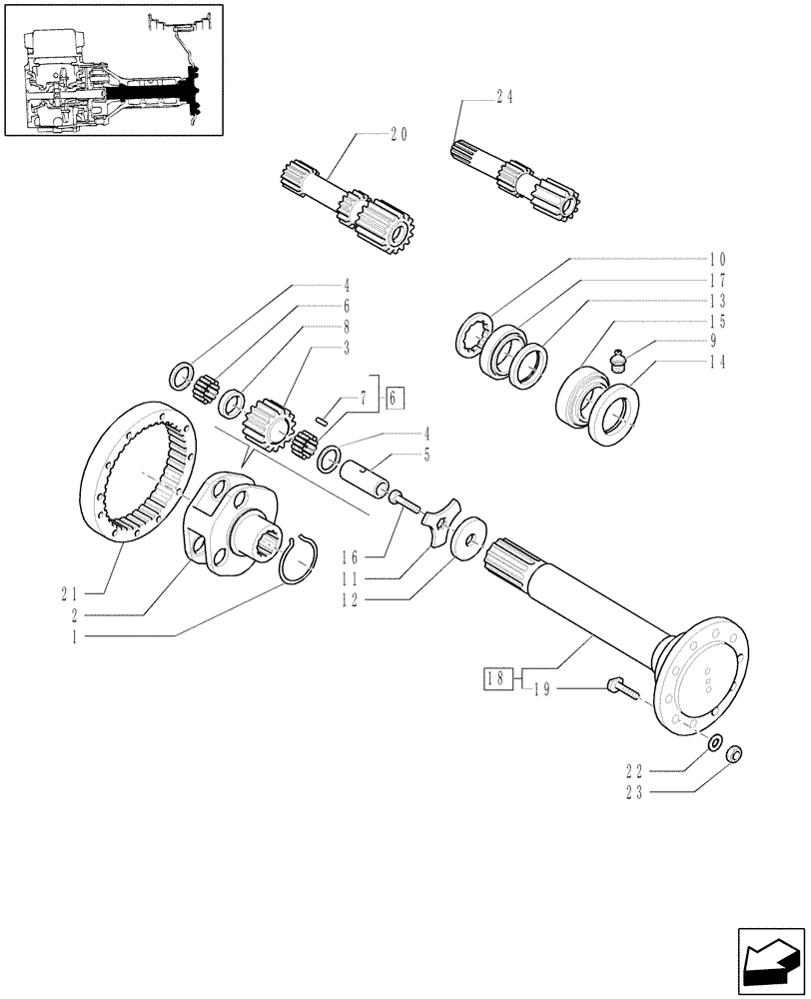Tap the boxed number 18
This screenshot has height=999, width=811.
click(496, 680)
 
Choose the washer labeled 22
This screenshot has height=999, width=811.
click(714, 743)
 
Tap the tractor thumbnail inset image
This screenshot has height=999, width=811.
click(113, 69)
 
